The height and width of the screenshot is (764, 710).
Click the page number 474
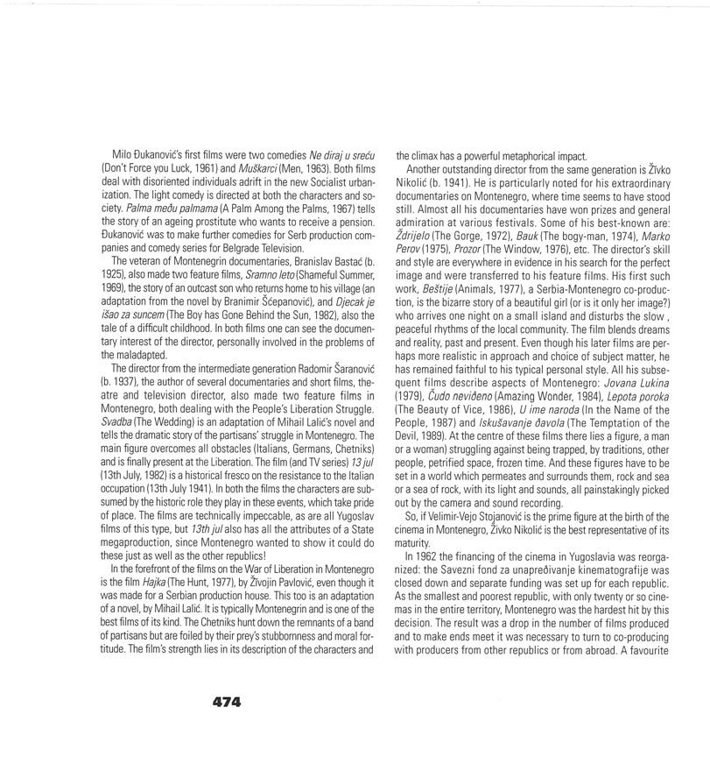click(x=226, y=702)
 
